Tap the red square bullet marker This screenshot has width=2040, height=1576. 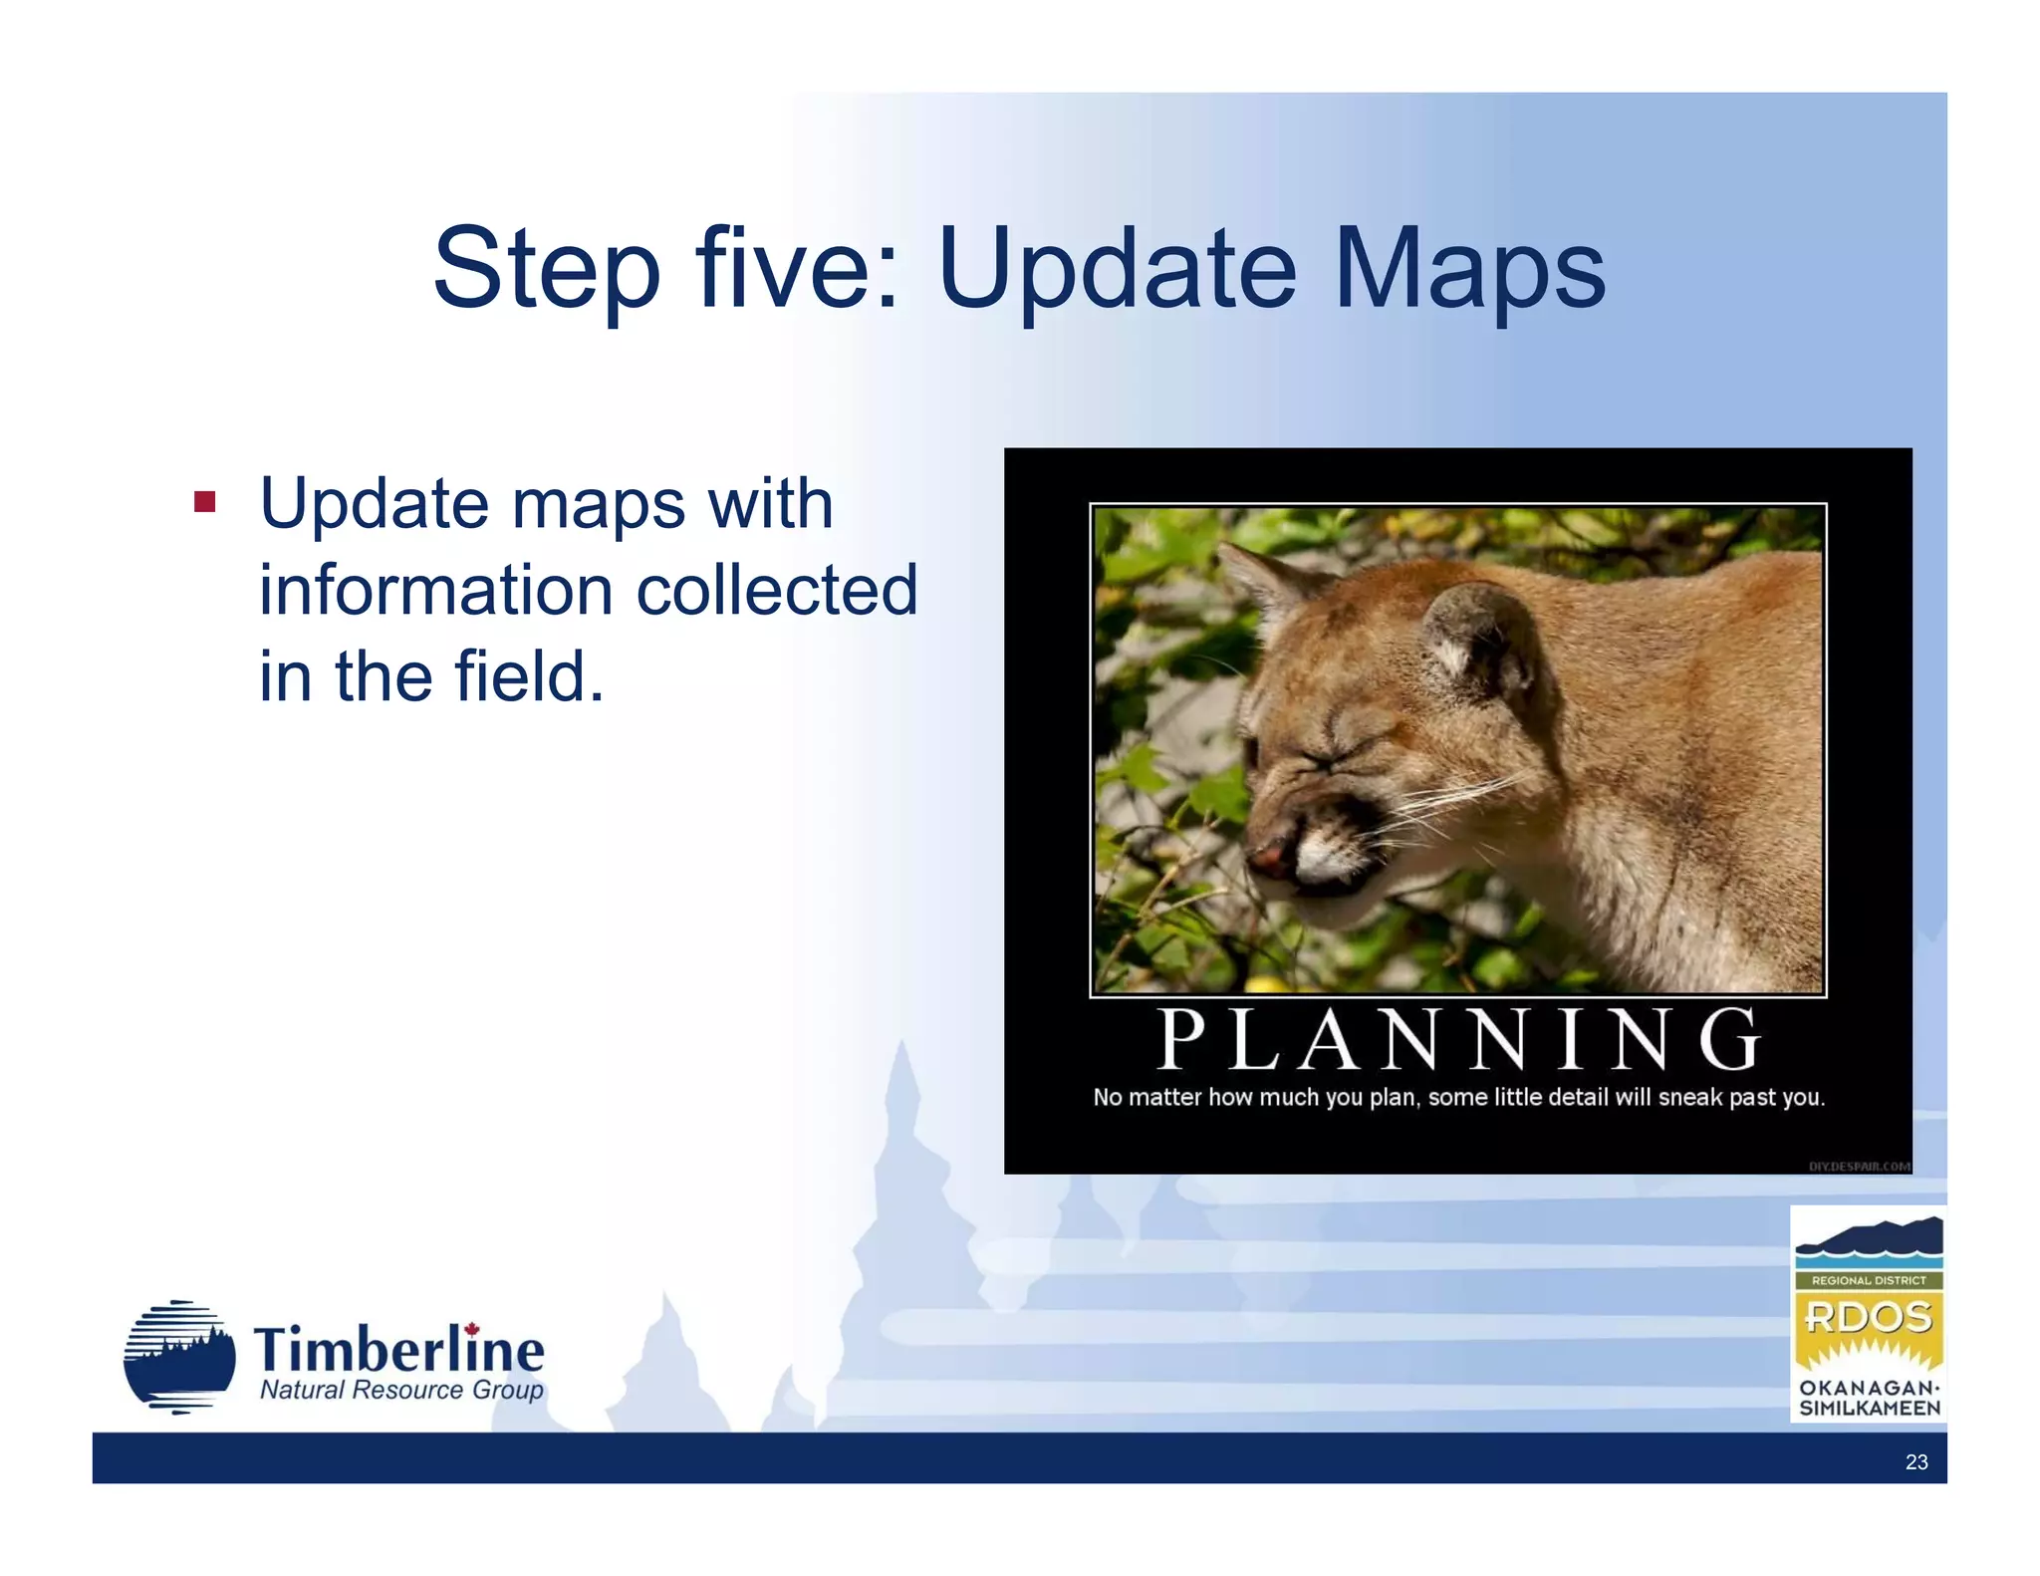pos(205,501)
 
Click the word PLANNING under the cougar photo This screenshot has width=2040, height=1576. pos(1458,1039)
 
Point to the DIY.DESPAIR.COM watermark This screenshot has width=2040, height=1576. pos(1859,1166)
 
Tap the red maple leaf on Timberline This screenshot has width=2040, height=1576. pos(472,1329)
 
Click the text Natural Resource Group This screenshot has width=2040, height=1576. pos(401,1390)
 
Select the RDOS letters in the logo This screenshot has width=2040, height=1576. pos(1868,1317)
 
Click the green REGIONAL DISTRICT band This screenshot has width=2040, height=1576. pos(1868,1280)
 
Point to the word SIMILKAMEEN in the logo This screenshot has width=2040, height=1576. pos(1869,1409)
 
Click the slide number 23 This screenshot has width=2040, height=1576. pos(1915,1461)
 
